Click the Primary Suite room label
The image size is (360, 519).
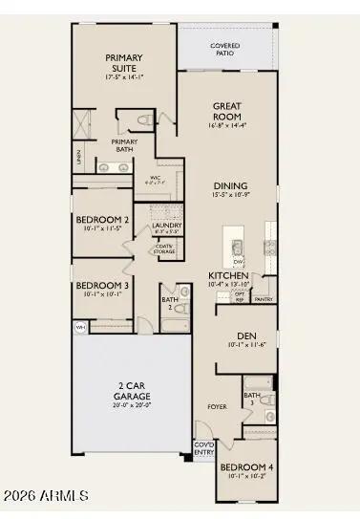point(124,62)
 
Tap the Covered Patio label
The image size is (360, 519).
point(225,49)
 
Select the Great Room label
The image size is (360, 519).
point(226,111)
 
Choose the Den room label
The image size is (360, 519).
point(236,335)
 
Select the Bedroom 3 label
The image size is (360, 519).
point(101,285)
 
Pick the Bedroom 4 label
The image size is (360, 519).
point(246,467)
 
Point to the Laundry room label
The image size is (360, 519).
point(167,226)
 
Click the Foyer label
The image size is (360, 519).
point(218,407)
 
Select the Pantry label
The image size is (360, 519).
point(264,299)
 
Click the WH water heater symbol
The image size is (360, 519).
point(79,326)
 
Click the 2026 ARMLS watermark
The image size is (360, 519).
point(45,495)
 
